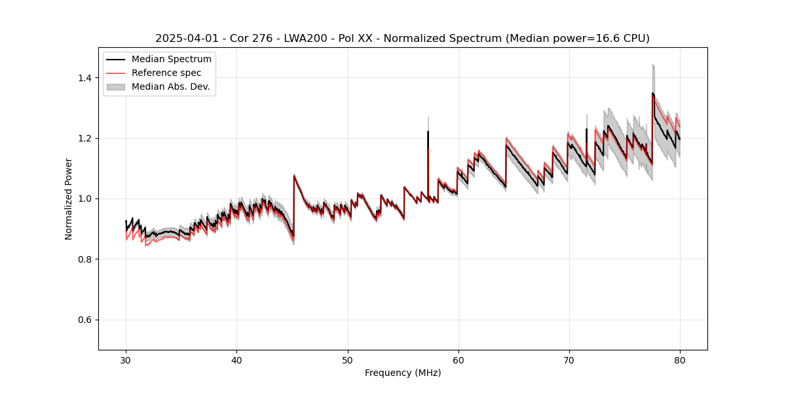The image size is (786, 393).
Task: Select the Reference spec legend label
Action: click(166, 73)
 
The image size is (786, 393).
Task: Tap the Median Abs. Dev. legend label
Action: click(170, 86)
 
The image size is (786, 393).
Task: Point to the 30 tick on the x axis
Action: click(126, 360)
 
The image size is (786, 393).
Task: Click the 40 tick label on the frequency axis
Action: click(236, 360)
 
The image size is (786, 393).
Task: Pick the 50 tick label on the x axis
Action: click(347, 360)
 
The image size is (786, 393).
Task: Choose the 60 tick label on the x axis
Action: click(458, 360)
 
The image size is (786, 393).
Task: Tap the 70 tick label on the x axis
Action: click(569, 360)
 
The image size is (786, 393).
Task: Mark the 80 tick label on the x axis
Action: click(679, 360)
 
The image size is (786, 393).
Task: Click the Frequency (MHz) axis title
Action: click(403, 373)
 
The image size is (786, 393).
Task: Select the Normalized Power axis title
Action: click(69, 198)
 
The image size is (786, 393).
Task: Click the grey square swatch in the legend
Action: click(117, 86)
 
